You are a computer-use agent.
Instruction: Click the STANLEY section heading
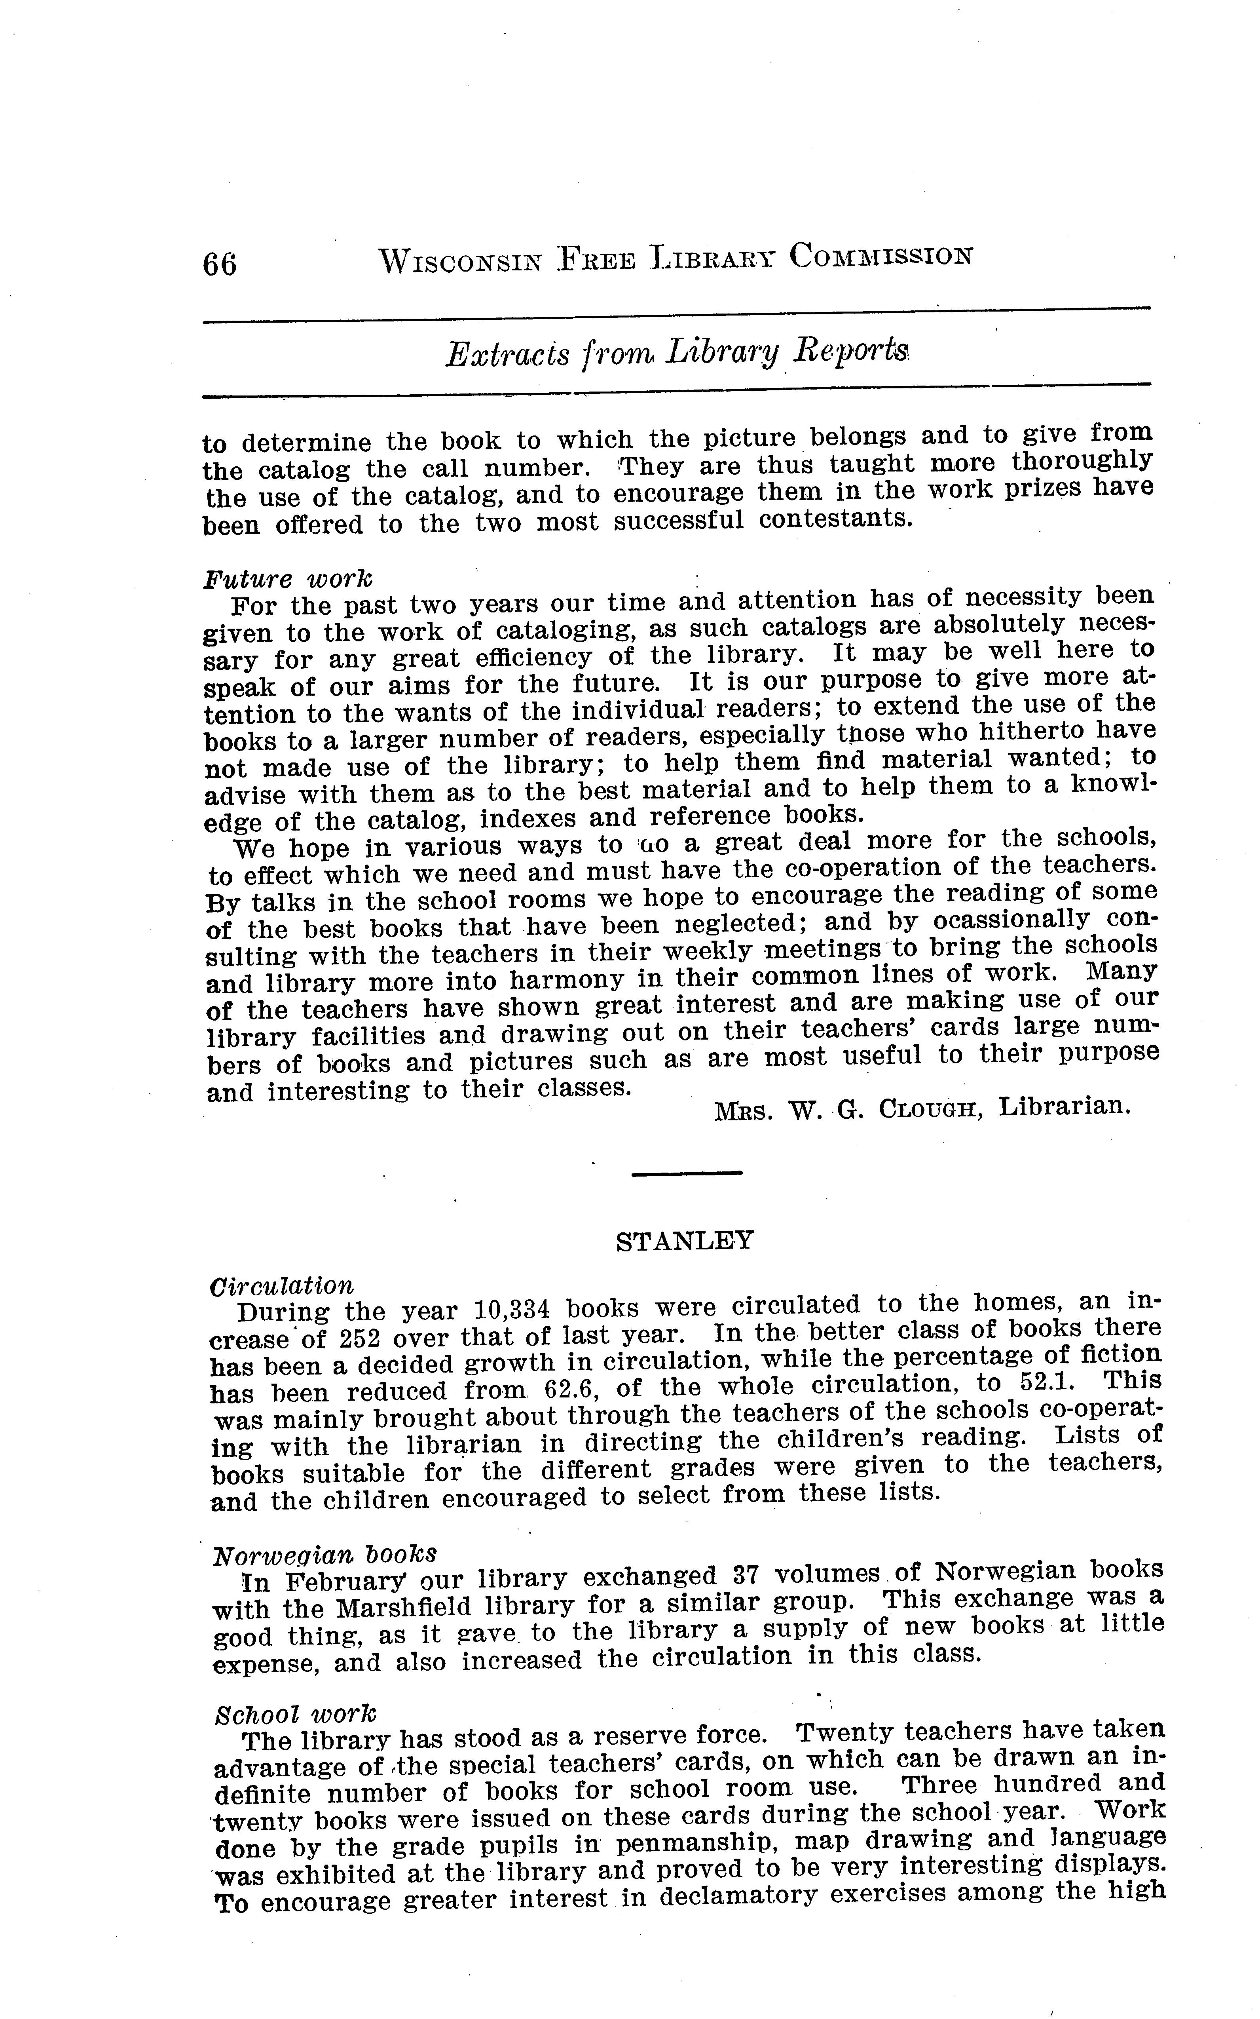pyautogui.click(x=684, y=1241)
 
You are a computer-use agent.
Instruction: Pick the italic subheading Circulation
pyautogui.click(x=282, y=1286)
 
